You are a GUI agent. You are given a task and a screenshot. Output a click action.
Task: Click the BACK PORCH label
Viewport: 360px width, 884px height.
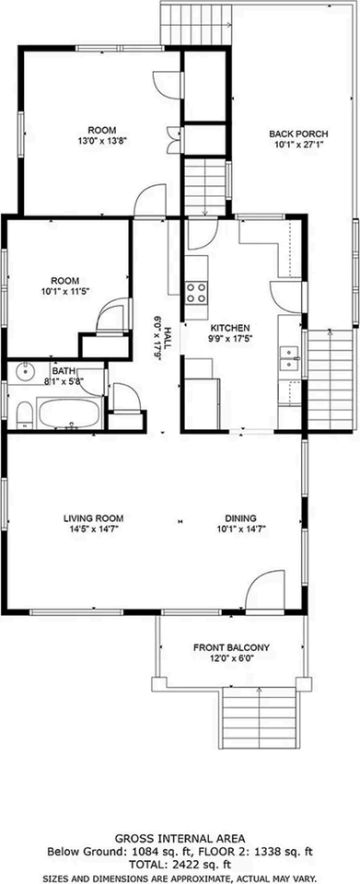coord(292,134)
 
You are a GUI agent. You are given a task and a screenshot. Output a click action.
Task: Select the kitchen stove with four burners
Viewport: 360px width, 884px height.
coord(196,293)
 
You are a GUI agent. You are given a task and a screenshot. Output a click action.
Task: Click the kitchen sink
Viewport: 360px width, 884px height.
coord(289,357)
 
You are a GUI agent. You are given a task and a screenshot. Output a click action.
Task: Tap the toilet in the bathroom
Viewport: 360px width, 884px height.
coord(24,413)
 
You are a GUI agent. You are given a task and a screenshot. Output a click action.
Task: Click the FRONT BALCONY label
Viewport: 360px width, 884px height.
coord(230,646)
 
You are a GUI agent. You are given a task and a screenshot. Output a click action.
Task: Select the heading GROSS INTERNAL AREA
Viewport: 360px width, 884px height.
coord(180,839)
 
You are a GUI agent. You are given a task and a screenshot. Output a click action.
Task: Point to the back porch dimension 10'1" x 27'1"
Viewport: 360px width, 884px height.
coord(292,145)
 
